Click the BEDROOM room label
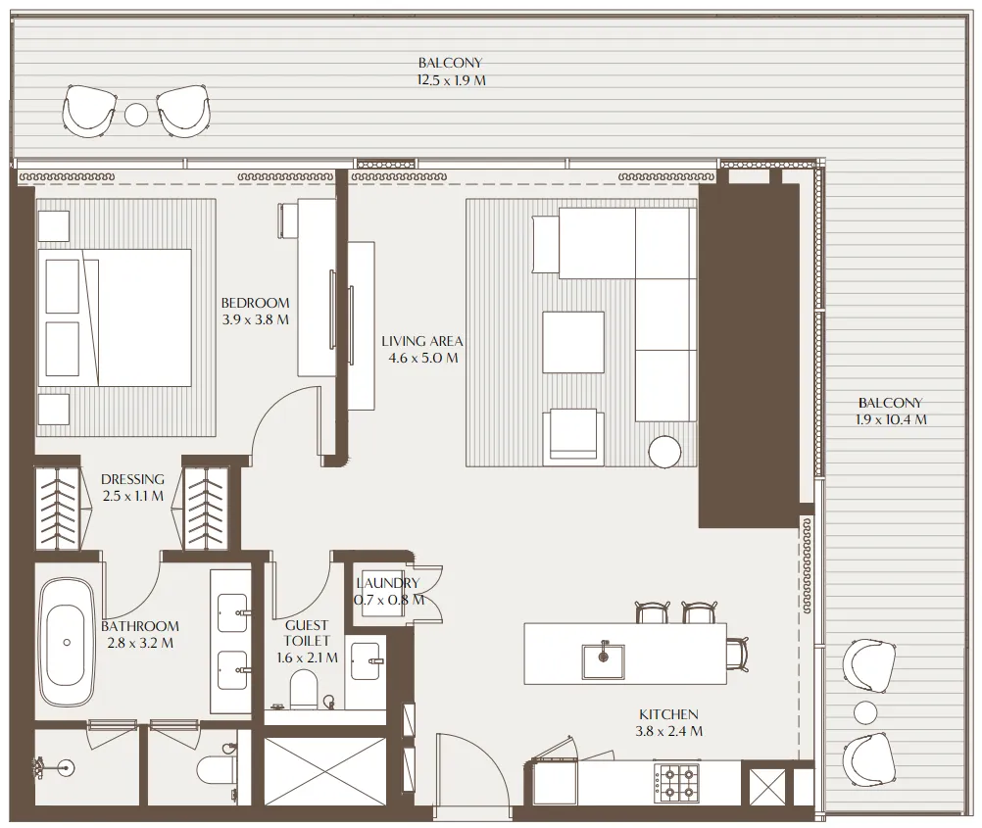pyautogui.click(x=255, y=303)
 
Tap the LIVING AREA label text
pyautogui.click(x=421, y=341)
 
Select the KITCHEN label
pyautogui.click(x=669, y=714)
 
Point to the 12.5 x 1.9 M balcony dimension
pyautogui.click(x=451, y=80)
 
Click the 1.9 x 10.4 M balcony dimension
pyautogui.click(x=891, y=419)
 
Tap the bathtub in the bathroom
pyautogui.click(x=66, y=642)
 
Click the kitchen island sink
pyautogui.click(x=602, y=659)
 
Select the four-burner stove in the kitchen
pyautogui.click(x=674, y=782)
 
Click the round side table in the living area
pyautogui.click(x=664, y=452)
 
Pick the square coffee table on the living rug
pyautogui.click(x=573, y=342)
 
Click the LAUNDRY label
pyautogui.click(x=388, y=583)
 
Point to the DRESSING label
pyautogui.click(x=132, y=479)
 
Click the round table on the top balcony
pyautogui.click(x=136, y=115)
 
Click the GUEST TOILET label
pyautogui.click(x=307, y=632)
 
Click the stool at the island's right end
pyautogui.click(x=736, y=651)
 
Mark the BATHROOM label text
pyautogui.click(x=140, y=626)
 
